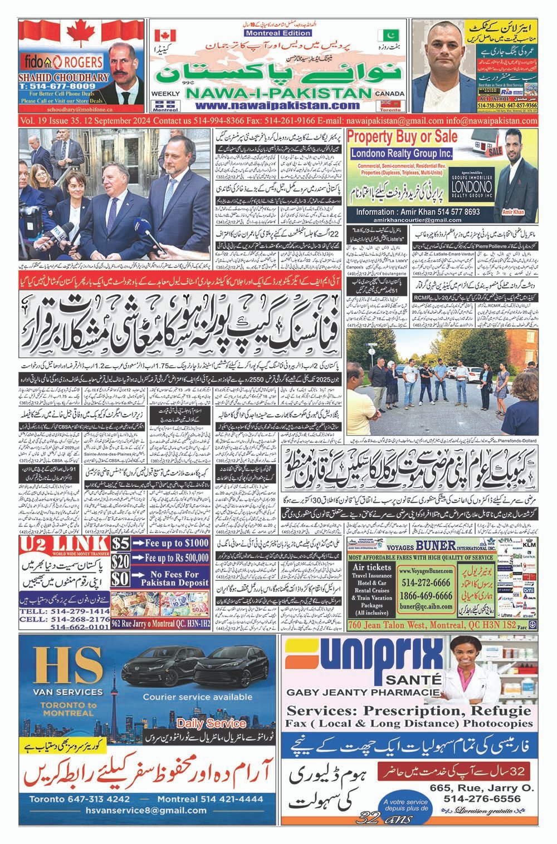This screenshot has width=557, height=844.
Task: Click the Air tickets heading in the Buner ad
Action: click(372, 567)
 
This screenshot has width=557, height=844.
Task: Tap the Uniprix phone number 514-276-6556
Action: click(482, 798)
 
